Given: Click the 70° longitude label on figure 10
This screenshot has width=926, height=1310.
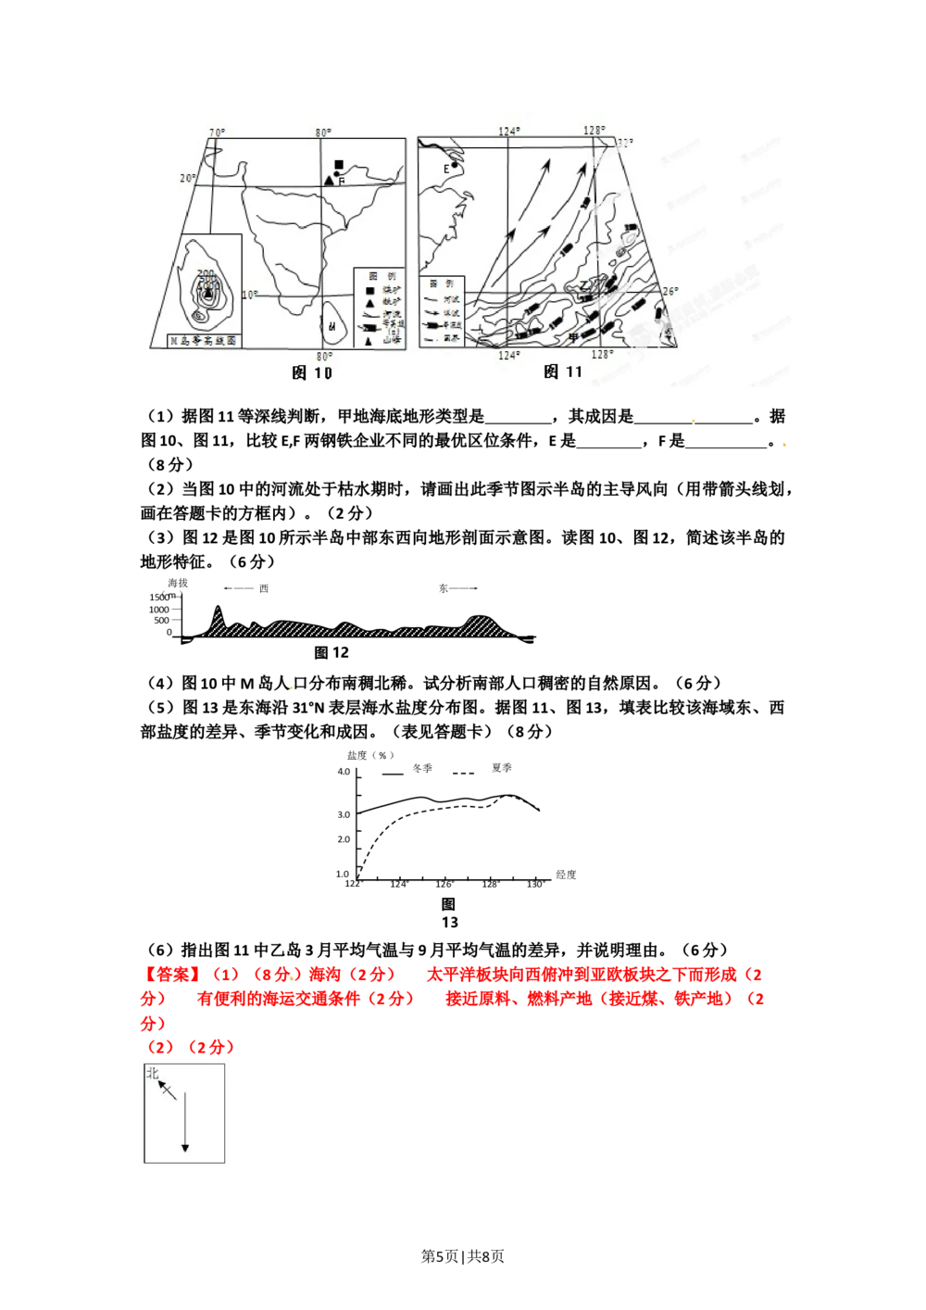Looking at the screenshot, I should pyautogui.click(x=217, y=133).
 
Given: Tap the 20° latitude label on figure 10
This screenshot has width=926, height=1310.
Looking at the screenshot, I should pyautogui.click(x=187, y=178).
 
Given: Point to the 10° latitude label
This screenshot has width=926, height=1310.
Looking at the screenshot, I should pyautogui.click(x=249, y=296).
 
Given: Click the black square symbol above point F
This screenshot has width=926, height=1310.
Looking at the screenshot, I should pyautogui.click(x=339, y=165).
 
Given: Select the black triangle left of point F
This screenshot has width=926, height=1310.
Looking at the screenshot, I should pyautogui.click(x=329, y=180).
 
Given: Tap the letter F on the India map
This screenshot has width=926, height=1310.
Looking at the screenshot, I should pyautogui.click(x=342, y=182).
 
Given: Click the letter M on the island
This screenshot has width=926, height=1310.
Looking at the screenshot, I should pyautogui.click(x=332, y=326).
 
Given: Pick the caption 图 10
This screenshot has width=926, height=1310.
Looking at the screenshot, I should pyautogui.click(x=311, y=372).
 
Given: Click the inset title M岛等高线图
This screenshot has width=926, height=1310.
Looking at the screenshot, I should pyautogui.click(x=203, y=341).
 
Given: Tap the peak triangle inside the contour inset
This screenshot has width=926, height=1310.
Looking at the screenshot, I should pyautogui.click(x=207, y=293).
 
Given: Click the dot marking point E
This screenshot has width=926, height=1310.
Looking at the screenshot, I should pyautogui.click(x=455, y=166).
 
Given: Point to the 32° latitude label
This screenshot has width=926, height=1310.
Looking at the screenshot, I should pyautogui.click(x=626, y=143).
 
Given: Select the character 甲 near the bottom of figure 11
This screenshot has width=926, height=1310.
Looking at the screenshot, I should pyautogui.click(x=573, y=337).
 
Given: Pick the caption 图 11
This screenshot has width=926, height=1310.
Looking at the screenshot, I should pyautogui.click(x=563, y=372).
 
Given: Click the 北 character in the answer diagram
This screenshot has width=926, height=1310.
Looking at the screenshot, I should pyautogui.click(x=153, y=1074).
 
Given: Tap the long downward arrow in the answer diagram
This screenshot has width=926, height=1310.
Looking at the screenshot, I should pyautogui.click(x=185, y=1121).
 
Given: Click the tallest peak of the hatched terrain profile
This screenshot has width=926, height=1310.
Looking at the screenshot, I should pyautogui.click(x=218, y=611).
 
